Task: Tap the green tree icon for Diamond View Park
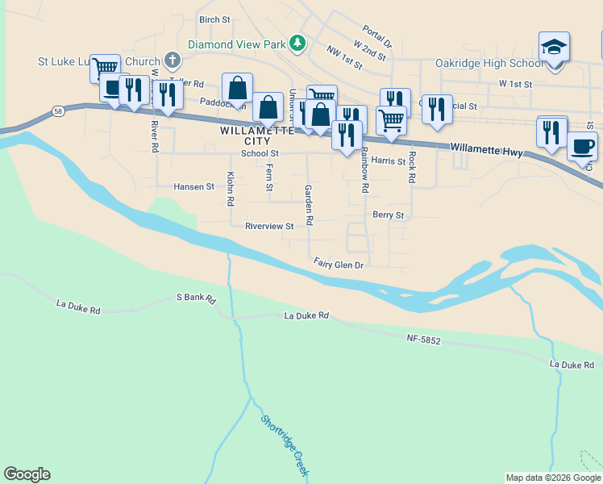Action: point(298,42)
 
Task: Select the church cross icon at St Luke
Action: point(172,60)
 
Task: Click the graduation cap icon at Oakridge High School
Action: point(555,47)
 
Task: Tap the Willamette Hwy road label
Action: point(487,148)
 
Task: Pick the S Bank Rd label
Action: point(197,298)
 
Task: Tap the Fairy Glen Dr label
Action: point(339,265)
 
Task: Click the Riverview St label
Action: point(269,227)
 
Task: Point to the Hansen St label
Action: point(194,186)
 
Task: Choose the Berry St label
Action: point(388,215)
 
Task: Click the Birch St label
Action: point(214,19)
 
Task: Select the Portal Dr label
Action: point(376,35)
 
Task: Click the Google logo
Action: point(27,474)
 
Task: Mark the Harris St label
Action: point(389,161)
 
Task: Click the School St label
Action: point(260,153)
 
